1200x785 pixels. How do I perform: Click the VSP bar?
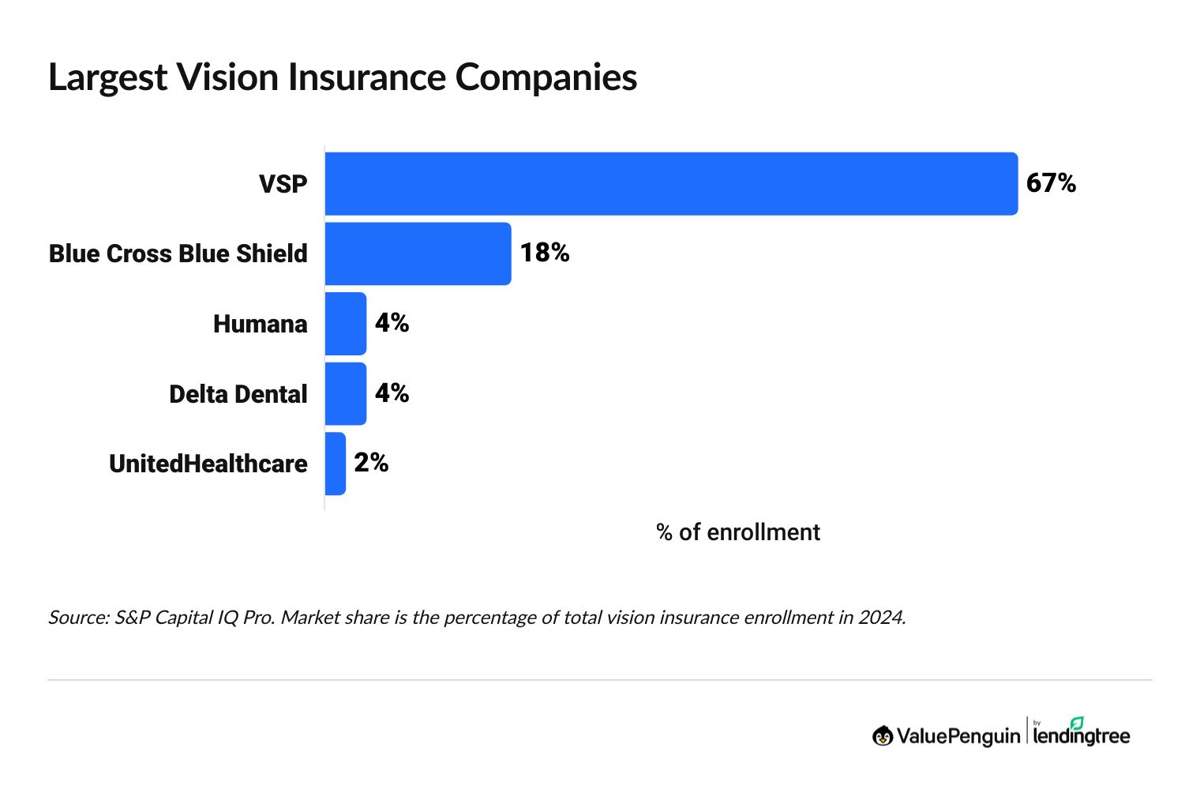click(x=671, y=183)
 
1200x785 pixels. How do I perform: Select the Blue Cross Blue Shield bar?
click(x=418, y=254)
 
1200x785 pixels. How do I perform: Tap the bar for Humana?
click(x=346, y=324)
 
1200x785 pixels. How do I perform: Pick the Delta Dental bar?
click(x=346, y=393)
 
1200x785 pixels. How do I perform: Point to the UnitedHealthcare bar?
click(x=336, y=464)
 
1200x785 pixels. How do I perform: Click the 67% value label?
click(x=1051, y=183)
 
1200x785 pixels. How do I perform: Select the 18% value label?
click(x=545, y=253)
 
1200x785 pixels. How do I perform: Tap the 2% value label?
click(x=371, y=463)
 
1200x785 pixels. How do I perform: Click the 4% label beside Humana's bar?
click(x=392, y=323)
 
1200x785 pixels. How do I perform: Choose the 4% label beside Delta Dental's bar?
click(x=392, y=392)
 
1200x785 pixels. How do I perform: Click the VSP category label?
click(x=283, y=184)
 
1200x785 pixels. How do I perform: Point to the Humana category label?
click(x=260, y=324)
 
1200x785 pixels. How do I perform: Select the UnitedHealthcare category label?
click(x=208, y=464)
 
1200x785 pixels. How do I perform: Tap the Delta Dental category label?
click(x=238, y=394)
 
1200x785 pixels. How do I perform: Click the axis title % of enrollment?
click(x=737, y=532)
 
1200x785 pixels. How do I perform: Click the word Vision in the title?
click(x=227, y=77)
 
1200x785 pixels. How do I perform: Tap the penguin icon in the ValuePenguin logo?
click(x=883, y=736)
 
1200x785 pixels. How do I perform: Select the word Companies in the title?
click(x=546, y=77)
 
